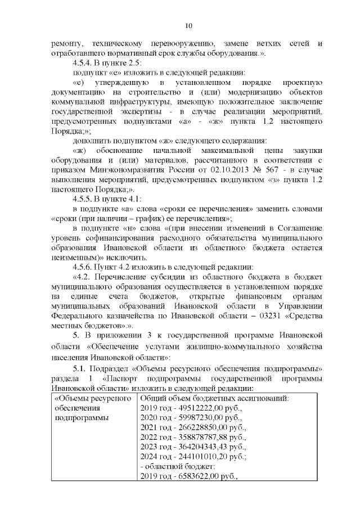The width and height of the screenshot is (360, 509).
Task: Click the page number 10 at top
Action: [188, 25]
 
